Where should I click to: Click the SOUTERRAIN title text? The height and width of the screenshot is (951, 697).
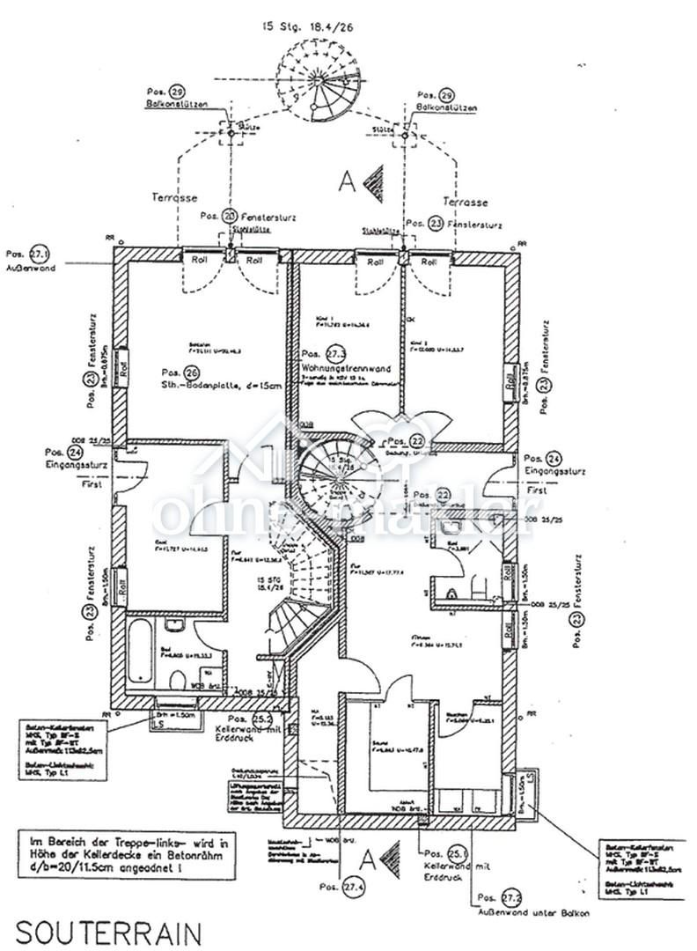[x=108, y=932]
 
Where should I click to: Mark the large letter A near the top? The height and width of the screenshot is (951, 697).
[x=348, y=181]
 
